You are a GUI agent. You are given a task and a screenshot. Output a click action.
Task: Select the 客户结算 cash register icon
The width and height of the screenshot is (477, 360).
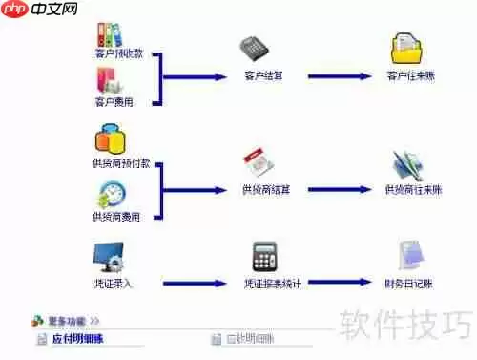click(x=251, y=47)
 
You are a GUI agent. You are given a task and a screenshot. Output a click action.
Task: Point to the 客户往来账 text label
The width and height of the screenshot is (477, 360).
click(x=411, y=75)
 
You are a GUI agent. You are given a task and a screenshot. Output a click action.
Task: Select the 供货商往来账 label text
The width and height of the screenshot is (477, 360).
click(x=413, y=190)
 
